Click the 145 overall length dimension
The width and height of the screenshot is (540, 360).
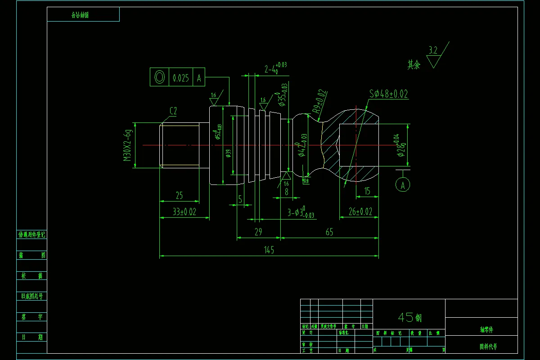point(269,250)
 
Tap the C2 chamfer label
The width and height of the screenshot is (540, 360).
point(173,111)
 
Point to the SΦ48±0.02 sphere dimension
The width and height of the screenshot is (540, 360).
point(389,94)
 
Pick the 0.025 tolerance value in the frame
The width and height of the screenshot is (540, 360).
point(181,78)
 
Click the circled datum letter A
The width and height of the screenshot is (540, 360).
point(403,184)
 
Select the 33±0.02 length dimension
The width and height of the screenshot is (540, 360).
point(184,212)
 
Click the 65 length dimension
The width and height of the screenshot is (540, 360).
point(329,232)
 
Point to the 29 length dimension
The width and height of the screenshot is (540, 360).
point(258,232)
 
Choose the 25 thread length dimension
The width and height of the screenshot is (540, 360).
point(180,196)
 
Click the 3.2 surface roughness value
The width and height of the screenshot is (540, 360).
point(433,50)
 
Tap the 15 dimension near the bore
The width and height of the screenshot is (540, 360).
point(367,191)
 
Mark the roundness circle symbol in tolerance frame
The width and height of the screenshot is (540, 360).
point(159,77)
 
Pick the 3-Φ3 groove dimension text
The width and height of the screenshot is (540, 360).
point(301,212)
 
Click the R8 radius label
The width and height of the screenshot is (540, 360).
point(306,181)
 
